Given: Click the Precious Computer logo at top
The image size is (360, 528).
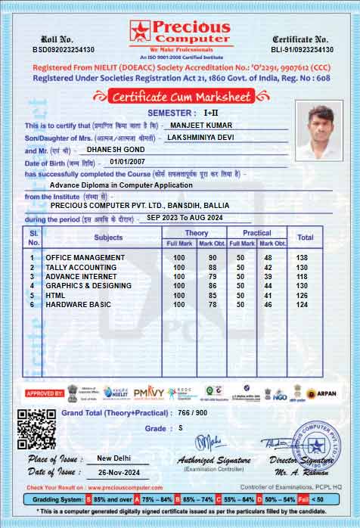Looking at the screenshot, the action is [179, 34].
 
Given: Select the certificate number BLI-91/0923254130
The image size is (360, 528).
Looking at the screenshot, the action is [303, 49].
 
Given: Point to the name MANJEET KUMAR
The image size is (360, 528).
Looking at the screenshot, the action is [200, 125].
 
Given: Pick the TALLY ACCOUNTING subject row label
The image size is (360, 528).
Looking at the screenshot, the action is [81, 267].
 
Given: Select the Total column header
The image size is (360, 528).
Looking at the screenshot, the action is [305, 238].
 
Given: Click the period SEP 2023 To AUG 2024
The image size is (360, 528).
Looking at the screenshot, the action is [185, 218].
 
